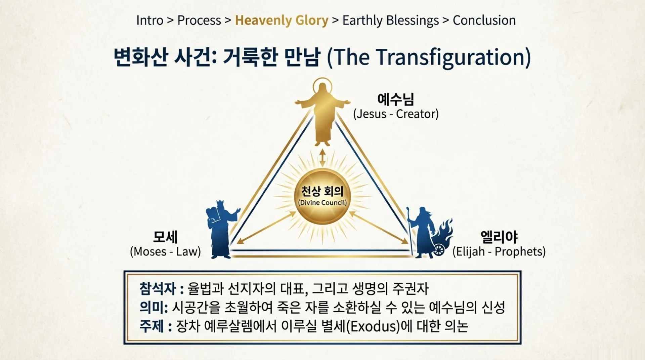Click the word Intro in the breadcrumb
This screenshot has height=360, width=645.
pyautogui.click(x=149, y=21)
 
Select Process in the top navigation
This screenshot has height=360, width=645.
pyautogui.click(x=199, y=21)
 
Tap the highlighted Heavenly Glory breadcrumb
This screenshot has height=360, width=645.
pyautogui.click(x=282, y=21)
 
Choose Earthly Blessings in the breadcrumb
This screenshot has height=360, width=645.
pyautogui.click(x=390, y=21)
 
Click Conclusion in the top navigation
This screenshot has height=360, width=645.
pyautogui.click(x=484, y=21)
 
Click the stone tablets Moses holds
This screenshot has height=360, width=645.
pyautogui.click(x=213, y=215)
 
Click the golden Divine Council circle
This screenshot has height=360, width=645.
pyautogui.click(x=322, y=197)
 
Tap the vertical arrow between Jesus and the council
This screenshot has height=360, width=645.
pyautogui.click(x=322, y=158)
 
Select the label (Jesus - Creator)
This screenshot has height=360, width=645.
pyautogui.click(x=396, y=114)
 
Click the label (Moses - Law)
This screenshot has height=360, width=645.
pyautogui.click(x=165, y=251)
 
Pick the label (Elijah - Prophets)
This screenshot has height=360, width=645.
pyautogui.click(x=499, y=251)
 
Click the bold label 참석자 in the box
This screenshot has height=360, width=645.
pyautogui.click(x=158, y=288)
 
